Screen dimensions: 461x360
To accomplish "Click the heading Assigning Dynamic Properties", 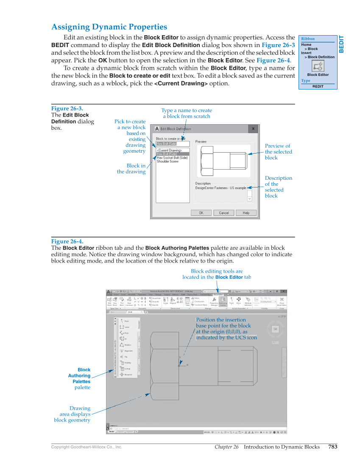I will click(109, 27).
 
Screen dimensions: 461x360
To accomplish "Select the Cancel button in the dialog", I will click(223, 213).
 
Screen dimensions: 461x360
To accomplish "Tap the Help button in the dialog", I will click(246, 213).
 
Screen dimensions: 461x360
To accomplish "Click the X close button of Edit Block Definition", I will click(253, 129).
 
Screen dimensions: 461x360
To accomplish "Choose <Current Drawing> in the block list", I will click(169, 150).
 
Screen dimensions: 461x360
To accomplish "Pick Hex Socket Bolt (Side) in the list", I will click(172, 158).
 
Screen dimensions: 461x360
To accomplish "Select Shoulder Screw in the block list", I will click(167, 162).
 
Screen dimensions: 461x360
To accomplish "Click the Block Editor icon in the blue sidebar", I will click(318, 66).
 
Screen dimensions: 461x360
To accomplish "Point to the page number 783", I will click(333, 447).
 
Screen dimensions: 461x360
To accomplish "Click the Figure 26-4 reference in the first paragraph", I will click(273, 60).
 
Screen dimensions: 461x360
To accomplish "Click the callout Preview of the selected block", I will click(278, 152).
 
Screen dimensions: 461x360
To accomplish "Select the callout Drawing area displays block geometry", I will click(73, 414).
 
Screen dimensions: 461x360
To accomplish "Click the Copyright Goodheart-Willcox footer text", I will click(87, 447).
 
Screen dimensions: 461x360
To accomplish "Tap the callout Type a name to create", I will click(186, 113).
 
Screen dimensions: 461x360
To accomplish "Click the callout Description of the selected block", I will click(278, 187).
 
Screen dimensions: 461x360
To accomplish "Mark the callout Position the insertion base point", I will click(226, 329).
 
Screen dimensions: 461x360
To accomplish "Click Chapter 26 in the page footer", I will click(226, 447).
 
